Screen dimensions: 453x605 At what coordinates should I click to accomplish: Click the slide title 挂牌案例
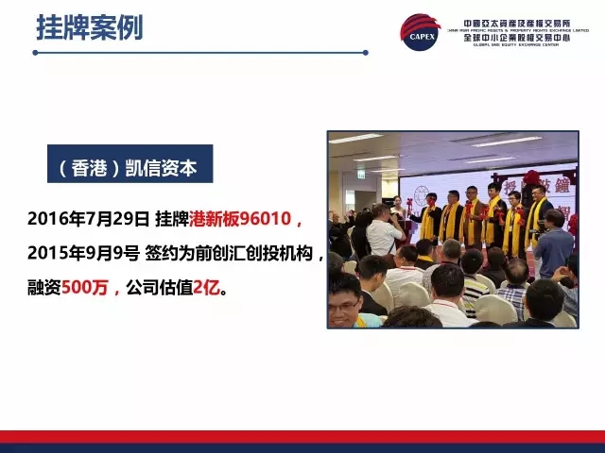coord(90,27)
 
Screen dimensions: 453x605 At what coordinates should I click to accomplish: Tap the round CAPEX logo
coord(421,35)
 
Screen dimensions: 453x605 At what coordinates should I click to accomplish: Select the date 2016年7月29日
coord(88,220)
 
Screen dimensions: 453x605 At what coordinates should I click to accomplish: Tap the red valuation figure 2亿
coord(205,283)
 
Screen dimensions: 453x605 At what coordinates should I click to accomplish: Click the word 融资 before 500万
coord(43,283)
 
